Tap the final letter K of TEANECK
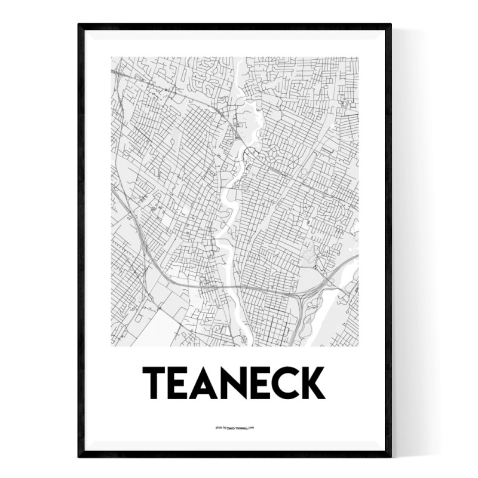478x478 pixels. (x=315, y=383)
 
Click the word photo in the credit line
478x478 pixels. (x=218, y=428)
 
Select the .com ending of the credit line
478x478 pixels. (x=252, y=428)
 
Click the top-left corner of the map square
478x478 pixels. (x=112, y=57)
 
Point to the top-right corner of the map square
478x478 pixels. (x=358, y=57)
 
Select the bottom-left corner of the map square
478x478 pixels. (x=112, y=346)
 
